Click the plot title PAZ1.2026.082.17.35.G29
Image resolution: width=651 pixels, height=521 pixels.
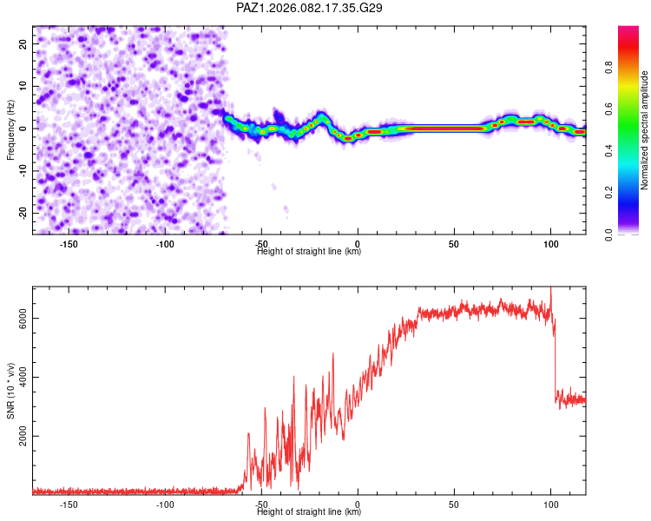click(310, 8)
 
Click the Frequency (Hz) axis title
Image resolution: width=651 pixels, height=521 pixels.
click(10, 129)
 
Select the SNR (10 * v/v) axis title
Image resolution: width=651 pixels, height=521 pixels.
click(10, 390)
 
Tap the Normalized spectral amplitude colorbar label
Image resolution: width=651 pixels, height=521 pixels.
click(645, 130)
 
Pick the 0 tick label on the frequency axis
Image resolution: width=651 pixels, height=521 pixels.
click(23, 128)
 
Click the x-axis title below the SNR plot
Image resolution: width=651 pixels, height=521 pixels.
click(309, 512)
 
